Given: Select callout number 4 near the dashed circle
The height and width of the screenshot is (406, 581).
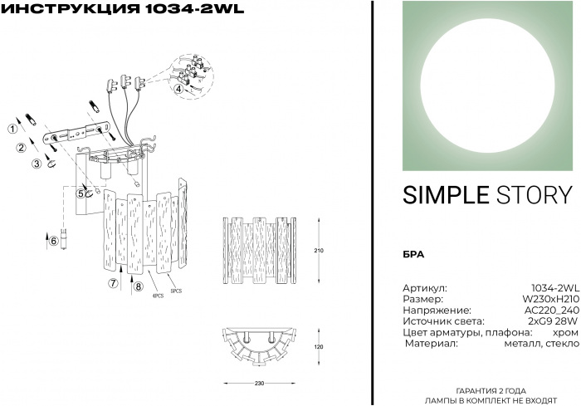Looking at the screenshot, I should point(178,88).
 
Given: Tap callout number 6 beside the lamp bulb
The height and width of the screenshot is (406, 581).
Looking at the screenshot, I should point(54,241).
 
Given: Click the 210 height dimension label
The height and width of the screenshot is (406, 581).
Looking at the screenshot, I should point(318,249).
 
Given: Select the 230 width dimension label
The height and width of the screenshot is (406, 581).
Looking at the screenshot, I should point(259,384).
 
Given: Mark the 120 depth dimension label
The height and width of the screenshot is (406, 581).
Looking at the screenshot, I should point(318,347).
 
